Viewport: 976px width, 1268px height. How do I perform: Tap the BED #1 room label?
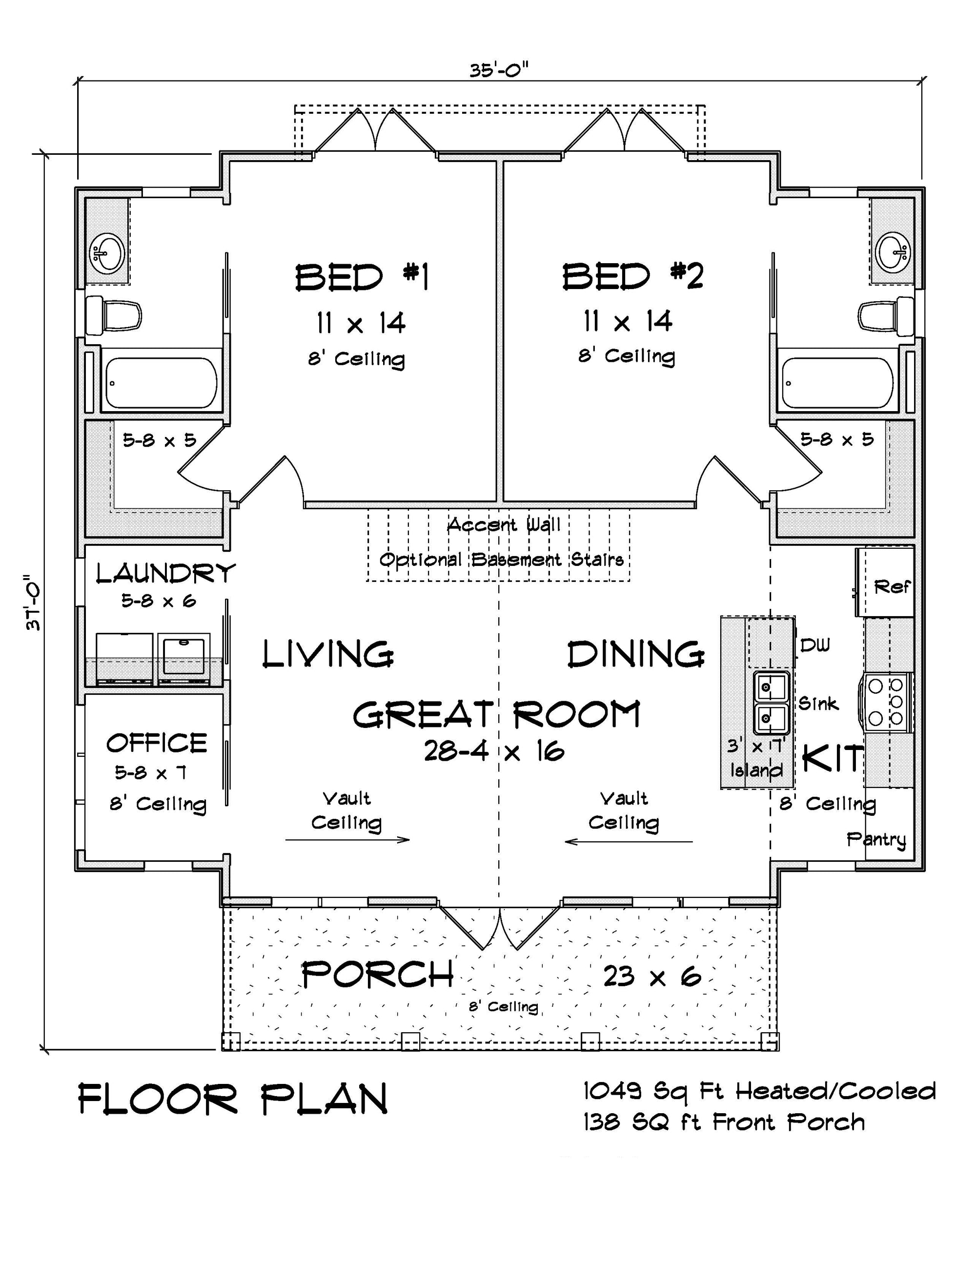362,277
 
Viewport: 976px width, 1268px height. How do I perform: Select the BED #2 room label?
632,276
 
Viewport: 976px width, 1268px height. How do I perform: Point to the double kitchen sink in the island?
771,703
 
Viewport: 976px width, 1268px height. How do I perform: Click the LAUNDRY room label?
165,573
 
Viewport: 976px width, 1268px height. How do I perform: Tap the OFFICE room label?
156,743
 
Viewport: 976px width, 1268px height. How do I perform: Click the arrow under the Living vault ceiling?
347,839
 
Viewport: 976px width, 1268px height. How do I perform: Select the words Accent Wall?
503,525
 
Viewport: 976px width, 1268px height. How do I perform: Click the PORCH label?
378,975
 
